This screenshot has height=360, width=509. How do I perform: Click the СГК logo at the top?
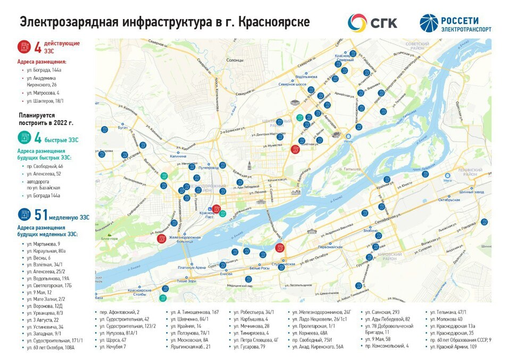[x=372, y=23]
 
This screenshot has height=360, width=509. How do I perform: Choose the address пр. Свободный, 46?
[x=45, y=166]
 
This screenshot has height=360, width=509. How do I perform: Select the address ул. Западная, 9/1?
[x=46, y=333]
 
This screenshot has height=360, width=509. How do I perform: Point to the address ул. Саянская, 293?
[x=382, y=312]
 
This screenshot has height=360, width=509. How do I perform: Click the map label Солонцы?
[x=234, y=60]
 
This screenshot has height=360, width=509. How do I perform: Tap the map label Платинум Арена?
[x=192, y=267]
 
